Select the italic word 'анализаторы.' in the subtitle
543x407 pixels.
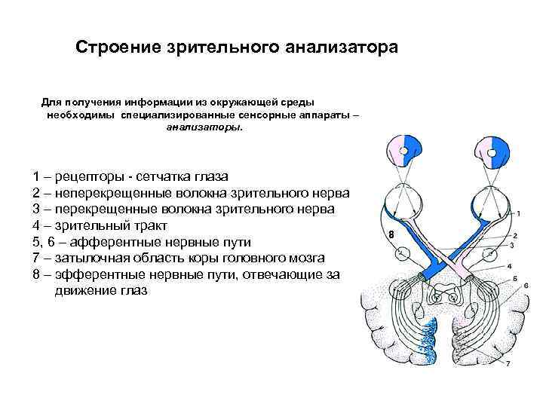click(x=205, y=127)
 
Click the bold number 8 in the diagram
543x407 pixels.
click(x=391, y=235)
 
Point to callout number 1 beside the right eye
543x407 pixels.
click(x=519, y=214)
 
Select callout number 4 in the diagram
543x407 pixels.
click(x=510, y=266)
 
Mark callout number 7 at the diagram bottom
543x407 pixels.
click(x=508, y=363)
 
